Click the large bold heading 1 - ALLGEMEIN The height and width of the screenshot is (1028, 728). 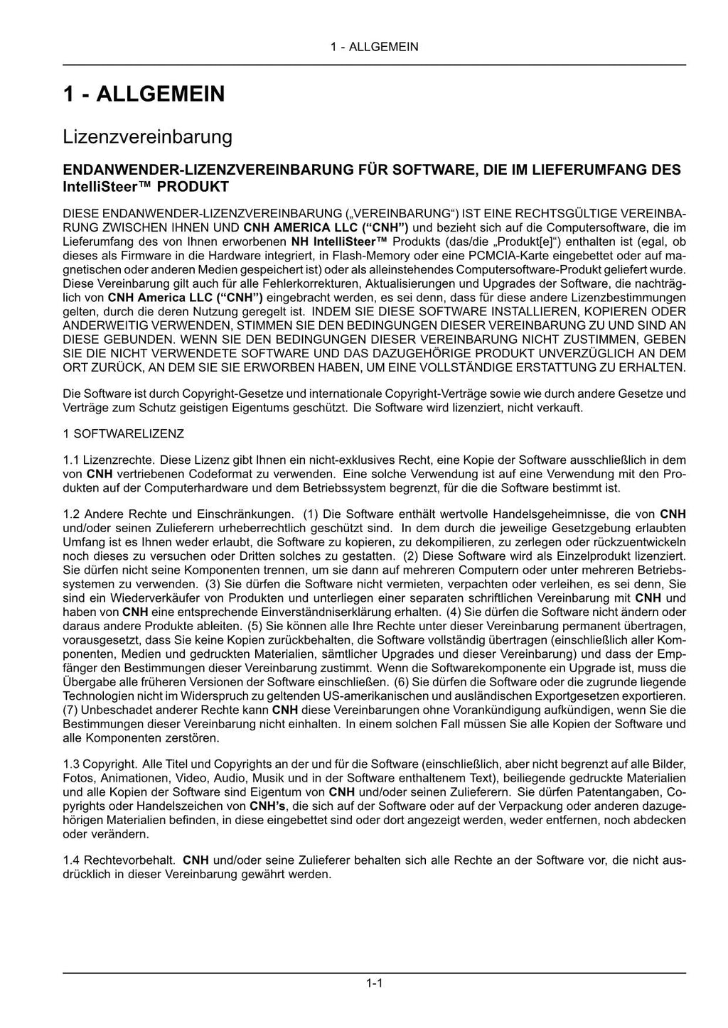[144, 94]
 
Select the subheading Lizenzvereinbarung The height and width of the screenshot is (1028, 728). [147, 136]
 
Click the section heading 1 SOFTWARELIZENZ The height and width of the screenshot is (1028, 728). [123, 433]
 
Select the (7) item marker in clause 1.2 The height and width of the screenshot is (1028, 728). [70, 710]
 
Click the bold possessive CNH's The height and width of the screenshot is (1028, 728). [267, 806]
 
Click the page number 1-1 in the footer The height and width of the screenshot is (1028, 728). [375, 984]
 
